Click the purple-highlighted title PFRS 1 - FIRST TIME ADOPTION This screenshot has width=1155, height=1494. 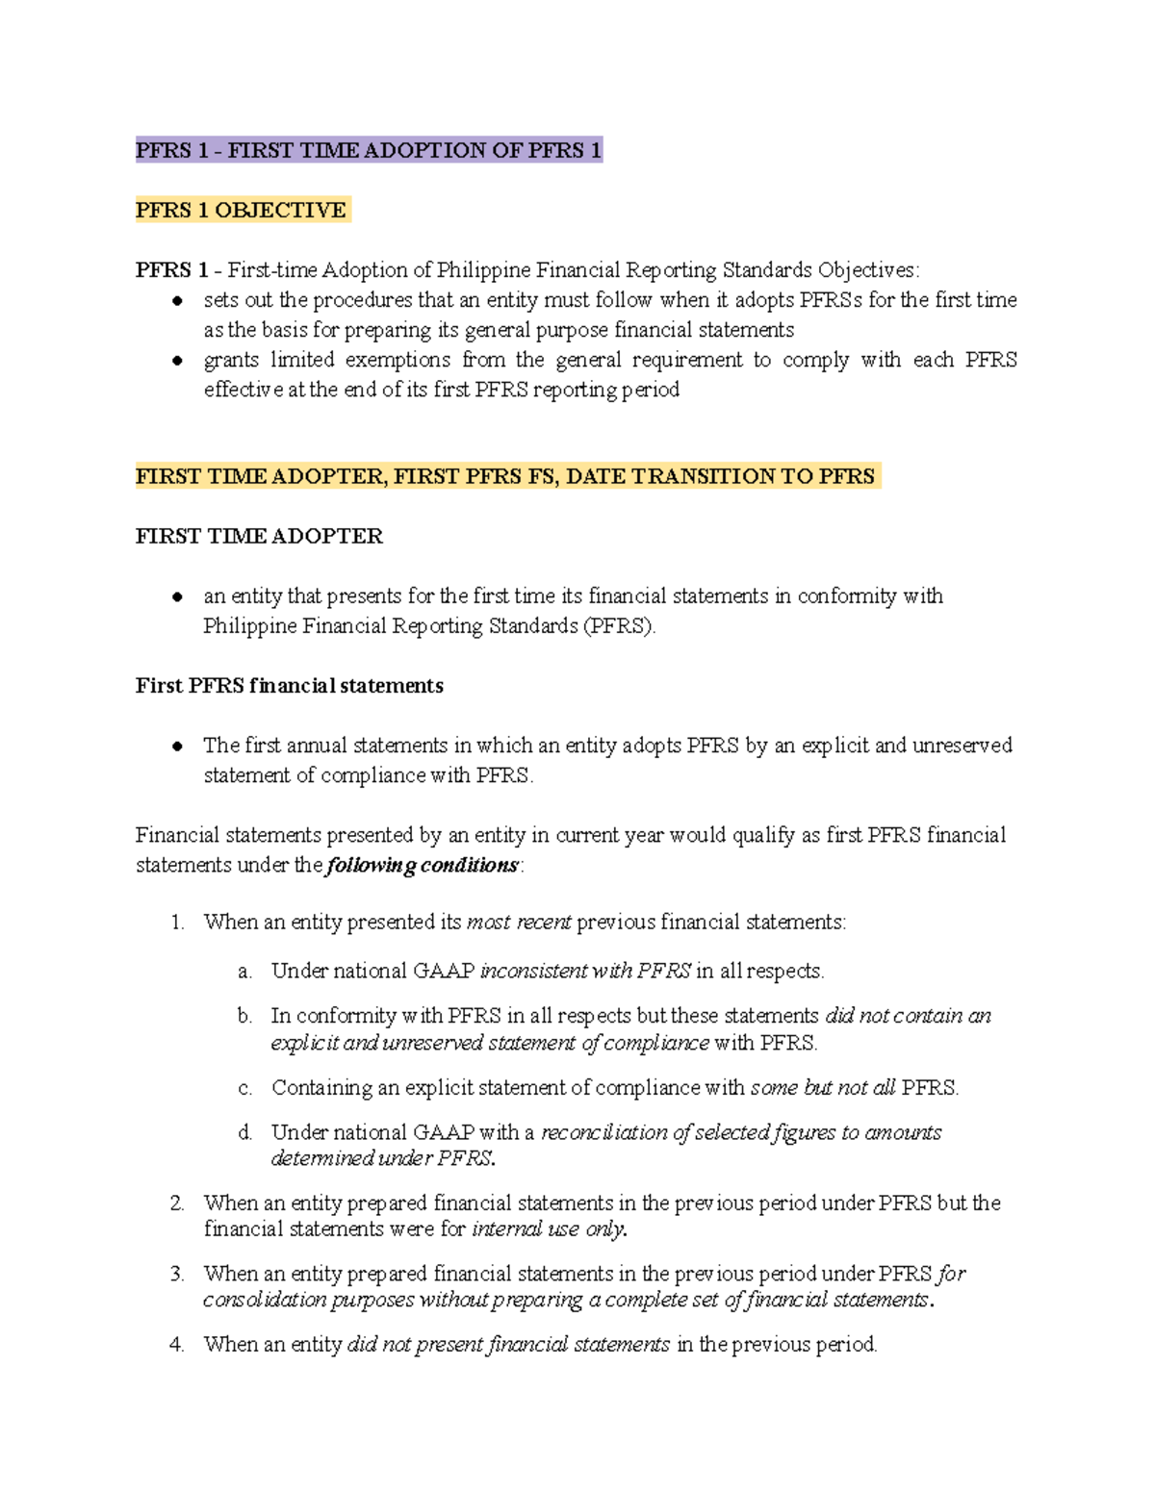[x=369, y=150]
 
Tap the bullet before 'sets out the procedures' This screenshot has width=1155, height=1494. [x=177, y=301]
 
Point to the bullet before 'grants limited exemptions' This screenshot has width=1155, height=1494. [x=177, y=361]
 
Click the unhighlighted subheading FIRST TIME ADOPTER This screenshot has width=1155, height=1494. [x=259, y=536]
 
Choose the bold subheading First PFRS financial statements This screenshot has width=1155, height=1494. [x=289, y=686]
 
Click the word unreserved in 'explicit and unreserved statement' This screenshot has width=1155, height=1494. [x=962, y=746]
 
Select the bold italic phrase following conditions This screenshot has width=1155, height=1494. [x=423, y=865]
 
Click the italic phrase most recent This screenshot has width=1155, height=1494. [x=519, y=923]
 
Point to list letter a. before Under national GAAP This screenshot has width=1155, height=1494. [x=244, y=972]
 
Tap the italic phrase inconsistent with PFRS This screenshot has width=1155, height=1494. [x=585, y=972]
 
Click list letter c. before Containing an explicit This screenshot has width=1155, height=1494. [x=244, y=1088]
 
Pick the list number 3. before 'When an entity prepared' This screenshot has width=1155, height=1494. [x=177, y=1275]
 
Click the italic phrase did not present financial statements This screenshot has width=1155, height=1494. [x=508, y=1345]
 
